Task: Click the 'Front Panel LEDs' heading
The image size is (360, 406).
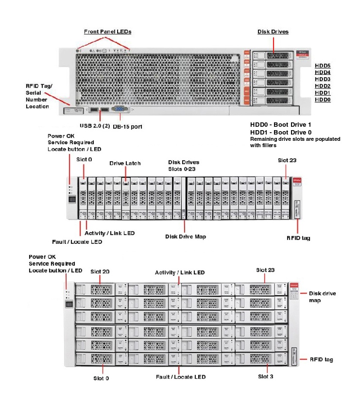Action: (x=107, y=32)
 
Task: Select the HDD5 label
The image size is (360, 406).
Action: (x=323, y=65)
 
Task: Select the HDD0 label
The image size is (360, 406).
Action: (x=323, y=100)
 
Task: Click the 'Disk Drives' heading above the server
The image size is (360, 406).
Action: (x=273, y=32)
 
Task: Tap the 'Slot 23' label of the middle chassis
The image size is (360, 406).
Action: (x=287, y=160)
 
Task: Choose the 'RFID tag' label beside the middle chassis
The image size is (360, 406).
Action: (x=298, y=238)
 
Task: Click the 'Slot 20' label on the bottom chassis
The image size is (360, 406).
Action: (x=100, y=272)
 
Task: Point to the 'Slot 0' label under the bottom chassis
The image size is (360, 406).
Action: (x=101, y=378)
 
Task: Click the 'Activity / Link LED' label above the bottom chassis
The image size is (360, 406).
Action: (x=179, y=273)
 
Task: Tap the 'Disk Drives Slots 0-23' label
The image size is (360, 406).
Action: (x=184, y=166)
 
